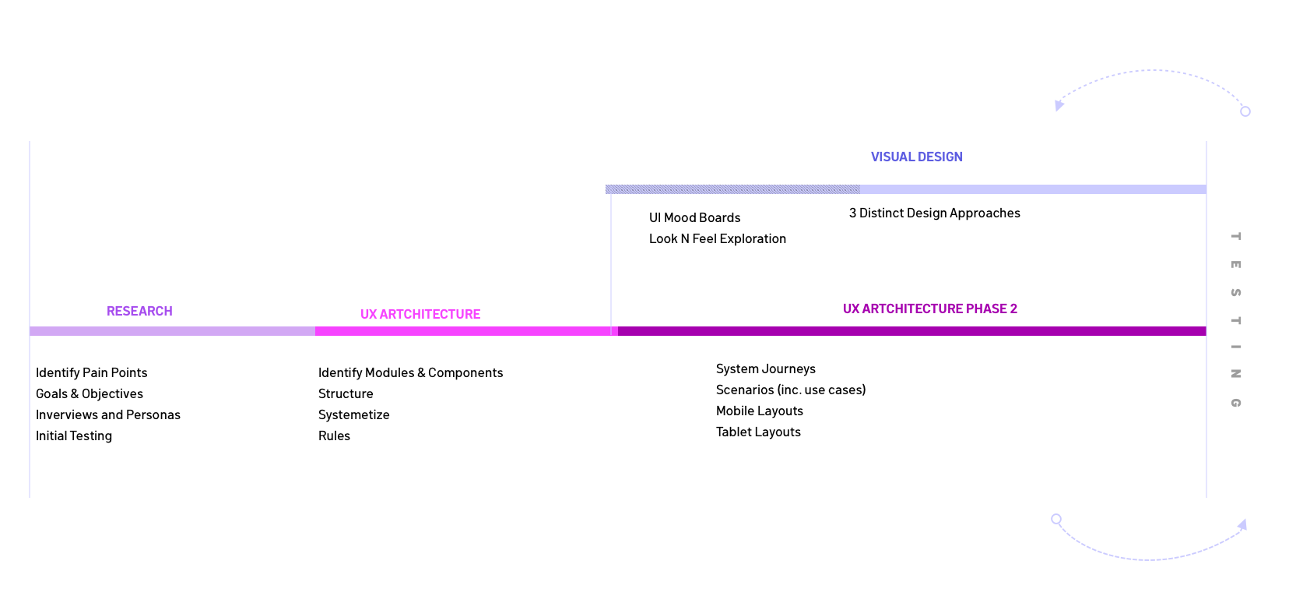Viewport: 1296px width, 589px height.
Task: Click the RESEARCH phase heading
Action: pyautogui.click(x=139, y=312)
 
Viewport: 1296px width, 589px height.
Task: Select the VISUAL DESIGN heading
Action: pyautogui.click(x=916, y=157)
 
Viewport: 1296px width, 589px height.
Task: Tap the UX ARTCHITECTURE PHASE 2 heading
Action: pyautogui.click(x=929, y=309)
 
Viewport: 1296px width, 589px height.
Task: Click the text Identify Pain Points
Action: pyautogui.click(x=91, y=373)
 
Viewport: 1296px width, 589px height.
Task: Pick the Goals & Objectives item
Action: pyautogui.click(x=90, y=394)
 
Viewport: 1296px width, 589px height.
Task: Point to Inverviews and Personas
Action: pyautogui.click(x=108, y=415)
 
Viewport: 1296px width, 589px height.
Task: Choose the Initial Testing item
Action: pyautogui.click(x=74, y=436)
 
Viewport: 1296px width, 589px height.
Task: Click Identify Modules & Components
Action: pyautogui.click(x=410, y=373)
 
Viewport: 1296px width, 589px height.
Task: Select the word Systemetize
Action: pyautogui.click(x=353, y=415)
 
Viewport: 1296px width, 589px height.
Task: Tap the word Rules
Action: pyautogui.click(x=334, y=436)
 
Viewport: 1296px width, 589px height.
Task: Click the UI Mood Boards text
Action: pyautogui.click(x=694, y=218)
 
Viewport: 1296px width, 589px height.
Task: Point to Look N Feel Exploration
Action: pyautogui.click(x=717, y=239)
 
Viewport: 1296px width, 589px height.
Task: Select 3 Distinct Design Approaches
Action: pyautogui.click(x=934, y=213)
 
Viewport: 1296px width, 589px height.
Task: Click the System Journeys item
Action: pyautogui.click(x=765, y=369)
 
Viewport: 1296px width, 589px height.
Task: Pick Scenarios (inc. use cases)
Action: pyautogui.click(x=790, y=390)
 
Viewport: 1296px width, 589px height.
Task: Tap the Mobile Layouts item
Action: pyautogui.click(x=759, y=411)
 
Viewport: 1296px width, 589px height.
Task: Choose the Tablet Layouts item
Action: pyautogui.click(x=758, y=432)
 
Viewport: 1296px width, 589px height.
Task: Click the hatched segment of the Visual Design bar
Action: pyautogui.click(x=732, y=189)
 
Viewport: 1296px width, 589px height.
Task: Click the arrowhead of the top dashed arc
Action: pyautogui.click(x=1059, y=105)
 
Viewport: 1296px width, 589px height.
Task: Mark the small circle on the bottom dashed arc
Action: pyautogui.click(x=1056, y=519)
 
